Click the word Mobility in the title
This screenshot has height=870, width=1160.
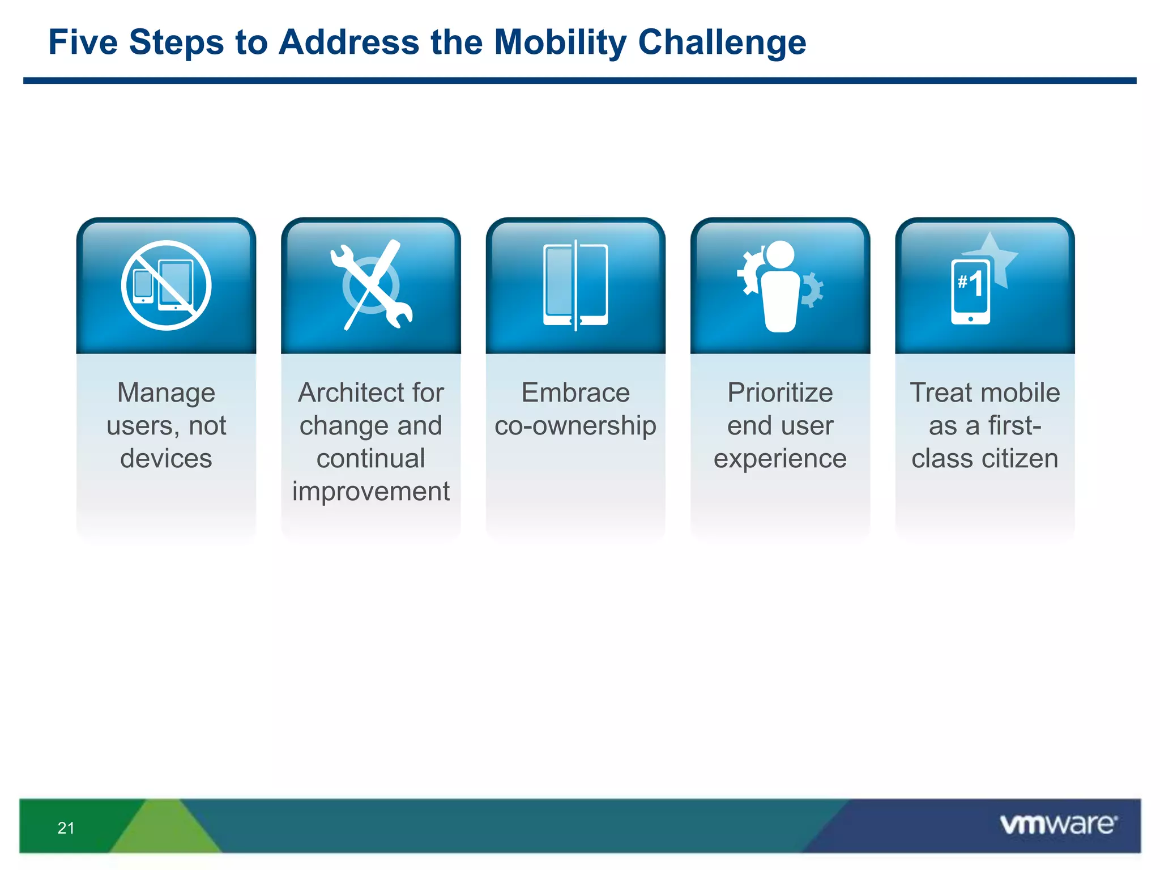click(x=560, y=42)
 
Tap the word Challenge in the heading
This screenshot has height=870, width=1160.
click(x=722, y=42)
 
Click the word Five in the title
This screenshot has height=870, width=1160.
click(x=83, y=42)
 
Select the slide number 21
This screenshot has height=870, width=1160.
click(x=66, y=828)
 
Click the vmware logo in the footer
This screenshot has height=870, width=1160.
click(x=1058, y=824)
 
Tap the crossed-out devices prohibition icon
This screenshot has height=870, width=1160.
click(x=166, y=285)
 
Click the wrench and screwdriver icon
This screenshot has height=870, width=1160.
click(x=371, y=285)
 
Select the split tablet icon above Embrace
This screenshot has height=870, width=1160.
click(x=575, y=285)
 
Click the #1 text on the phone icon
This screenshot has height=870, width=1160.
click(x=970, y=283)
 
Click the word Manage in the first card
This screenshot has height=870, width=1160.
click(x=166, y=393)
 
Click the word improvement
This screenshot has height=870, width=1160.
click(x=371, y=491)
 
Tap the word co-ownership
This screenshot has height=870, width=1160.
click(x=575, y=425)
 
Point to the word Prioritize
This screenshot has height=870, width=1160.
click(x=780, y=393)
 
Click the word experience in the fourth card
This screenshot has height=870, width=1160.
click(x=780, y=459)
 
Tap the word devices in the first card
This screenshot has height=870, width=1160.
click(x=166, y=458)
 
